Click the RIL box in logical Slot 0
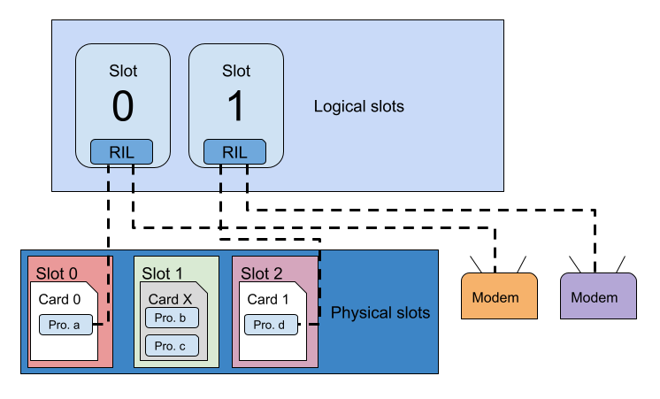(122, 152)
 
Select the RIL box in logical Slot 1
(235, 152)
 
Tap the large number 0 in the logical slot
(123, 107)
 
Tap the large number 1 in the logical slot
(236, 107)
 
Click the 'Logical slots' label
(358, 107)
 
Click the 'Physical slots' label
(380, 313)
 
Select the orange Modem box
(501, 296)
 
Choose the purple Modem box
(599, 296)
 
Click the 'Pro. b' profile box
(171, 318)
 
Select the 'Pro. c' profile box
(171, 346)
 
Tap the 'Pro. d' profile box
(270, 326)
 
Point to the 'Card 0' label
(59, 299)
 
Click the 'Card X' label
(170, 299)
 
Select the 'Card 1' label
(268, 299)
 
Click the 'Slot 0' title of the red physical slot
(57, 273)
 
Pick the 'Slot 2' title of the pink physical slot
(262, 273)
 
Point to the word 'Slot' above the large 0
(123, 72)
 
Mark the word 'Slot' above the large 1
(236, 72)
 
